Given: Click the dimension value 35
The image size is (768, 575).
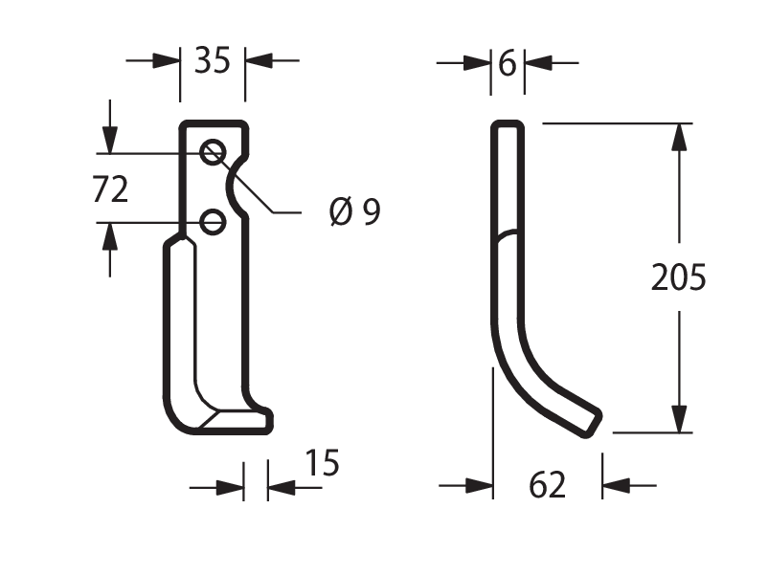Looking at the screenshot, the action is (212, 60).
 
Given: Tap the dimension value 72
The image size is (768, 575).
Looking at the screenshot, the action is (110, 188).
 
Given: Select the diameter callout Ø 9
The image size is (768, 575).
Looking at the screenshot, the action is (355, 211).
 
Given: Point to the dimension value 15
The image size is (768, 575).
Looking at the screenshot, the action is (322, 462).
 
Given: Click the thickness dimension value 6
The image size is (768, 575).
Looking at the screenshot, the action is (508, 63).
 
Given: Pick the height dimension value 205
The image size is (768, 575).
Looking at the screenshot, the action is (678, 277).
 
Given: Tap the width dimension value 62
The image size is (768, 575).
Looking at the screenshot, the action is (547, 485).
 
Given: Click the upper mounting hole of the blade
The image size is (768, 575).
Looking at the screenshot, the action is (213, 152).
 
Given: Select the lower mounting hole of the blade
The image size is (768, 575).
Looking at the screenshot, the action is (213, 222).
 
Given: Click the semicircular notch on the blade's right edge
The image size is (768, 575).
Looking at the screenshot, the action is (230, 186).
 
